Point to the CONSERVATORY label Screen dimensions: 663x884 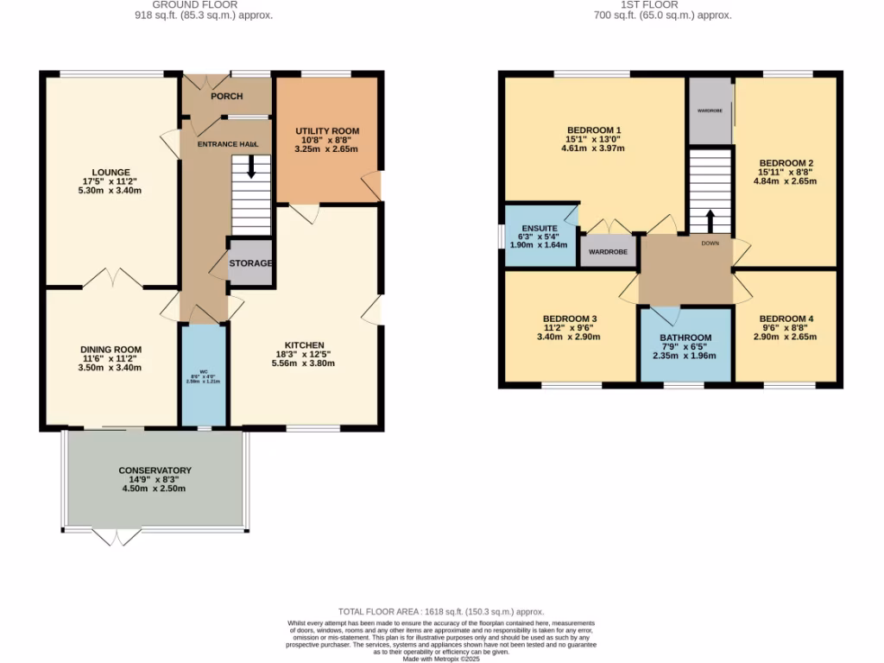click(x=155, y=470)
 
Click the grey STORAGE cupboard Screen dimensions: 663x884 click(x=250, y=262)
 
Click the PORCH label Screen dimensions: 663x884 click(x=227, y=96)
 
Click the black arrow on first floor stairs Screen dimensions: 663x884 click(x=710, y=220)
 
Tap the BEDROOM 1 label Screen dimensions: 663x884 click(x=594, y=130)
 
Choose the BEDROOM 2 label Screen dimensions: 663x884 click(x=786, y=163)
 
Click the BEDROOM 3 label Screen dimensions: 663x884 click(x=570, y=319)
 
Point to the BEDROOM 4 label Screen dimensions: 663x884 click(x=786, y=319)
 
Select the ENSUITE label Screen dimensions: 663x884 click(x=534, y=228)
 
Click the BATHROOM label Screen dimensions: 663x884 click(x=685, y=338)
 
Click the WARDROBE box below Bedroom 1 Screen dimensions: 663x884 click(x=608, y=252)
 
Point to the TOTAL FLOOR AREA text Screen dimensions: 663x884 click(x=441, y=609)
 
